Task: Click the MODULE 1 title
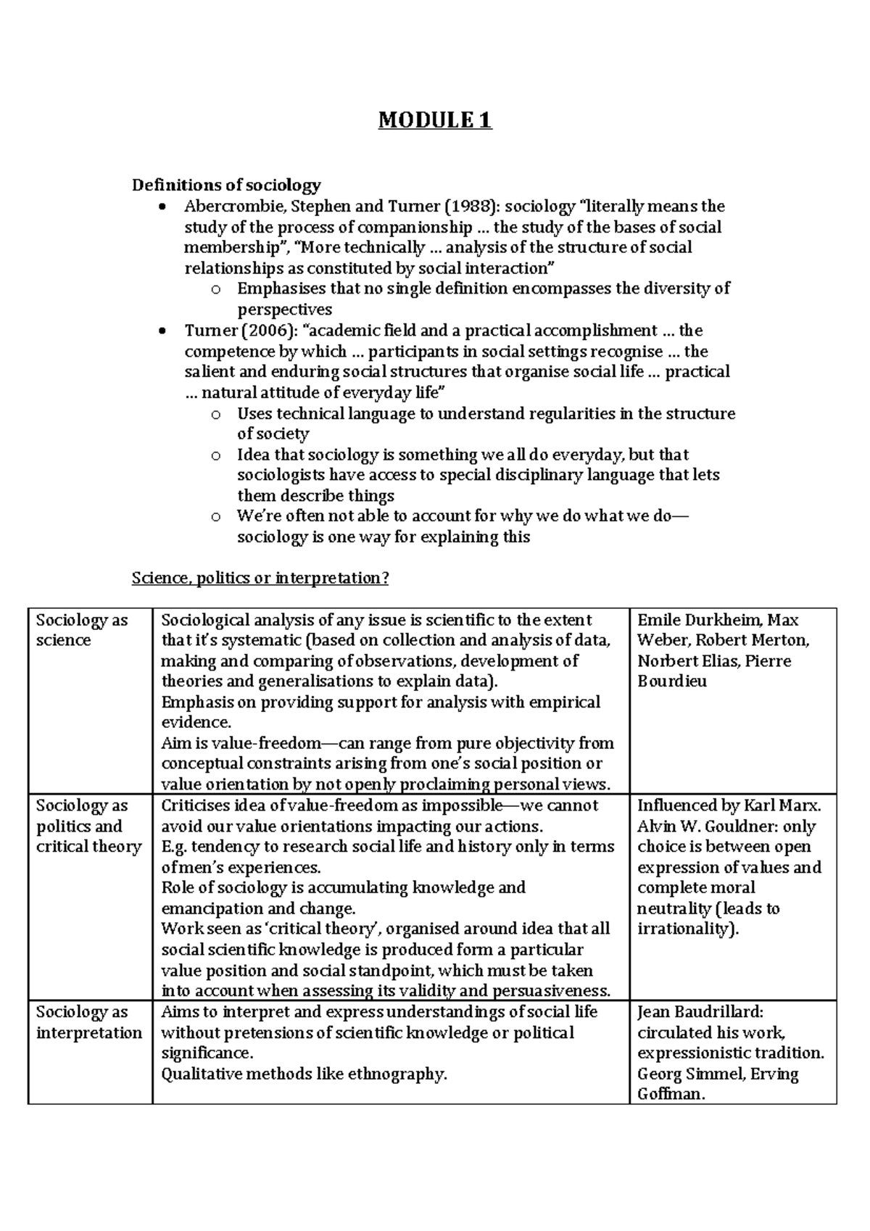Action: (435, 120)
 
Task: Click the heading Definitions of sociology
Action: (226, 185)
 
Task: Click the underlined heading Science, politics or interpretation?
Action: (260, 579)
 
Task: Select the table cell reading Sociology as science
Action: (82, 630)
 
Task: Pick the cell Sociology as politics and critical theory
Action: (88, 826)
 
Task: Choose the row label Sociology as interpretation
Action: (88, 1022)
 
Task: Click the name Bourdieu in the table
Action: (672, 681)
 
